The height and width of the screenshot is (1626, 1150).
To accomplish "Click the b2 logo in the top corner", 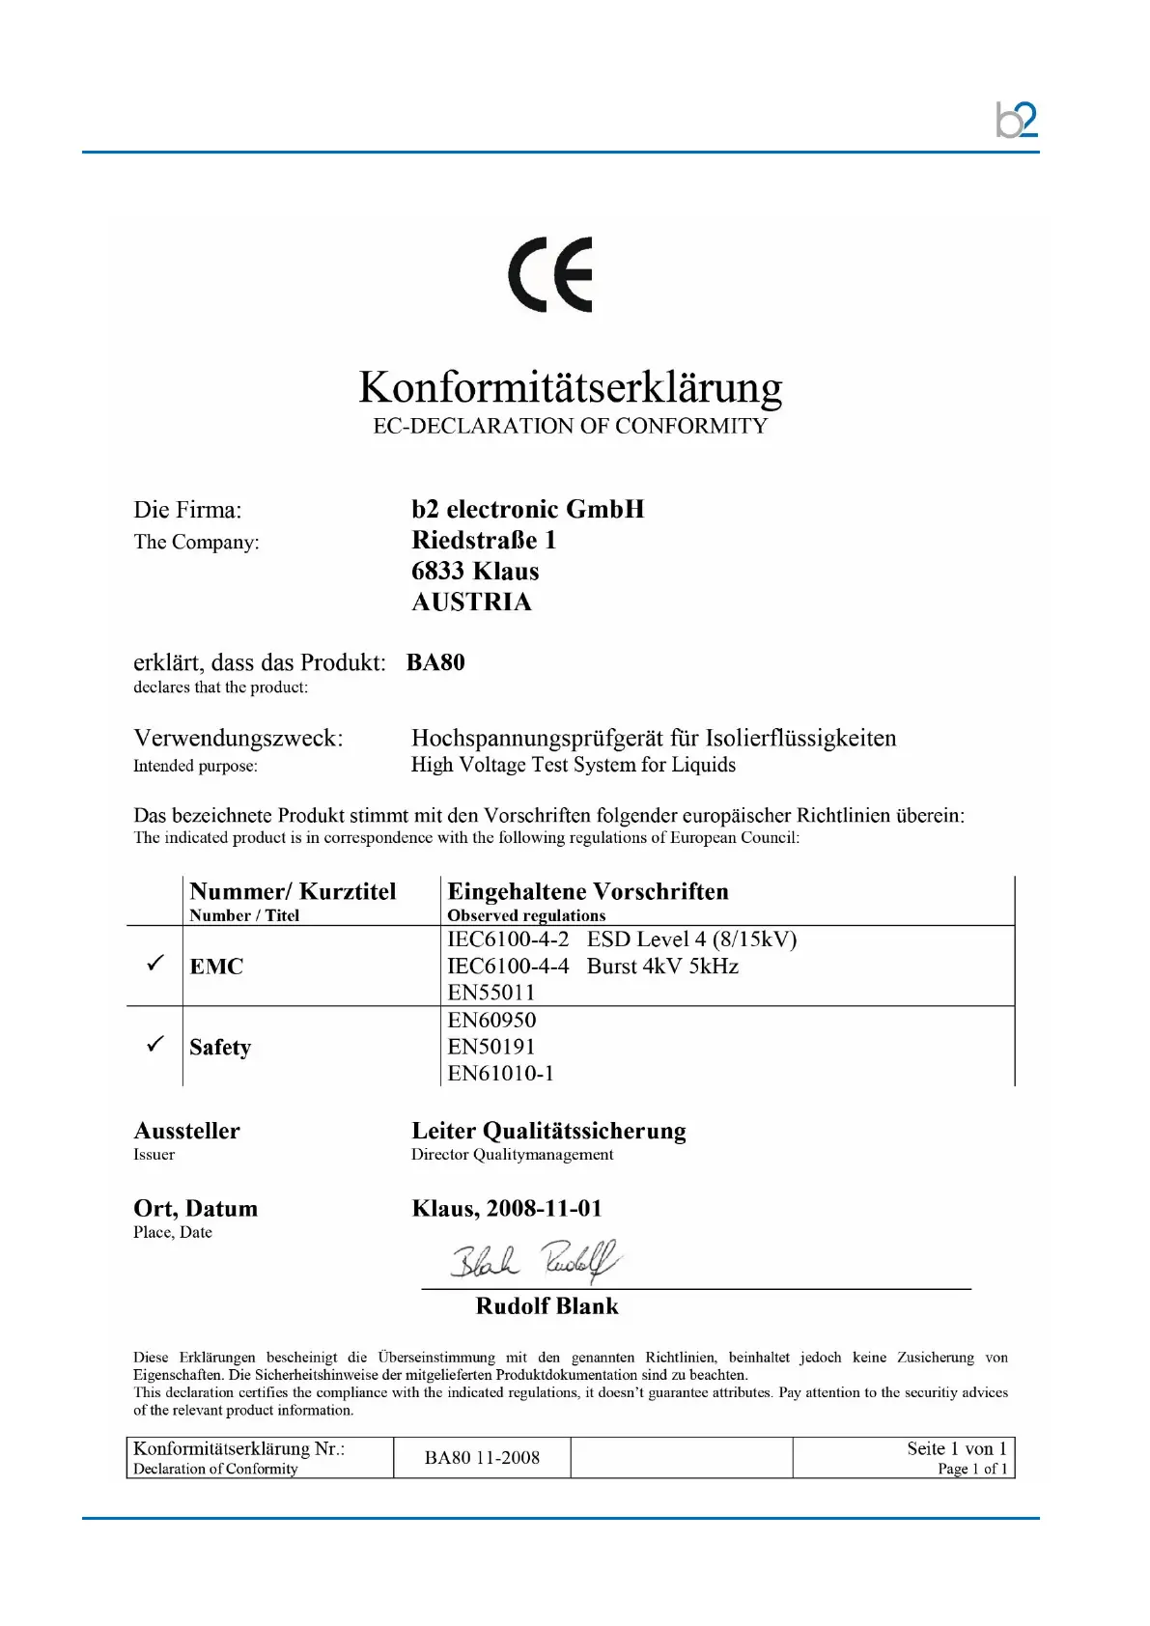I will click(1016, 121).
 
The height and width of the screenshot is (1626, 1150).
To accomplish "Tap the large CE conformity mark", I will click(550, 274).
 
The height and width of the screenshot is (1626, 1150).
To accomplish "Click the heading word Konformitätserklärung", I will click(570, 387).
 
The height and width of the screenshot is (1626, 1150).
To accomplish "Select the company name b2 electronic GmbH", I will click(527, 509).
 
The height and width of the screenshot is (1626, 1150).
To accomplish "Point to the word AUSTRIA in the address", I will click(471, 602).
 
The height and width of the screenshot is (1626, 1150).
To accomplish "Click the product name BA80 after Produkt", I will click(435, 662).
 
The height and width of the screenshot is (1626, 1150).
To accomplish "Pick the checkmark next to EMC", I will click(154, 964).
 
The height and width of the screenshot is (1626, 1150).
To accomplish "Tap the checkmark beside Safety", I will click(154, 1045).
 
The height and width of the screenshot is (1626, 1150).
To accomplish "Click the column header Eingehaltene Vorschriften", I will click(587, 891).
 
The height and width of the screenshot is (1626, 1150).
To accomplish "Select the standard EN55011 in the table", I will click(491, 993).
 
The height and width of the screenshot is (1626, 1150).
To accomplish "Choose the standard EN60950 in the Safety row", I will click(491, 1020).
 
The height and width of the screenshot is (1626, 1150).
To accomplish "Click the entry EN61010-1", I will click(500, 1073).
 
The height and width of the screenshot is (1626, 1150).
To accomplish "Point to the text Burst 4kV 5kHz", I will click(662, 966).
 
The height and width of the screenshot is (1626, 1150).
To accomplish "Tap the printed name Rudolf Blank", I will click(547, 1306).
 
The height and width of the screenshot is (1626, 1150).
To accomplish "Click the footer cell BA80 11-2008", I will click(482, 1457).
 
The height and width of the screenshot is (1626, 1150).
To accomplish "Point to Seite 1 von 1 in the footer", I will click(956, 1448).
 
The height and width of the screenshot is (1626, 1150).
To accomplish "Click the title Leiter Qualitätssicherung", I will click(548, 1131).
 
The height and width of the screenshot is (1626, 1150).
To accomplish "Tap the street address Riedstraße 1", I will click(484, 540).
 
